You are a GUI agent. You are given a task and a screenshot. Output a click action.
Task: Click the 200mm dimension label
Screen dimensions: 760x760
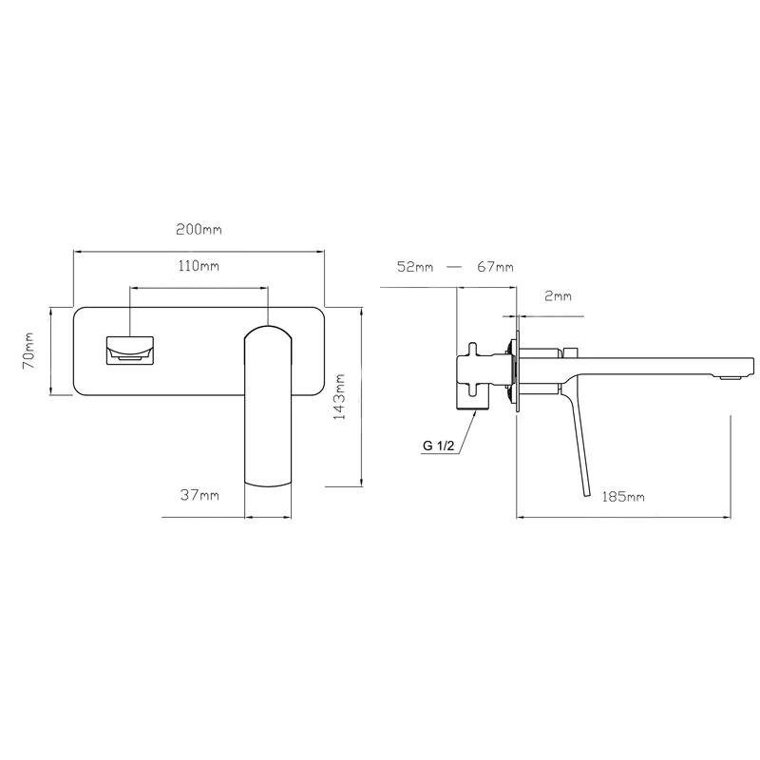(199, 229)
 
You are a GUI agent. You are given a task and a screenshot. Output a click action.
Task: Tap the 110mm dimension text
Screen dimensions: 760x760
(199, 266)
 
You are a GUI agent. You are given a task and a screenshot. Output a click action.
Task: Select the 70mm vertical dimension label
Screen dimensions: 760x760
(28, 351)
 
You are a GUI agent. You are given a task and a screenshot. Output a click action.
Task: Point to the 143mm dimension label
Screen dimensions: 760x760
(340, 396)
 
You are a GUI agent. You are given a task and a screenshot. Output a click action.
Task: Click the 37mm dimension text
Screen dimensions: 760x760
(199, 495)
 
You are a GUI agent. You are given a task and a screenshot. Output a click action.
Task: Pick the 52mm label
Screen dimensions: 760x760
(415, 267)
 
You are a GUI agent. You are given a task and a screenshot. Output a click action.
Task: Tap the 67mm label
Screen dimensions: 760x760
(495, 267)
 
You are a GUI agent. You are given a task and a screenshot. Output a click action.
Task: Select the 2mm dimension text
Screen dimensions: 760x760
(558, 295)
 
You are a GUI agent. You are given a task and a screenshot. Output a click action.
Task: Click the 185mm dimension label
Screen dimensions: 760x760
(623, 497)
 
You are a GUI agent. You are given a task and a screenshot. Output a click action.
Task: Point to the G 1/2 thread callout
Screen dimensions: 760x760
(439, 446)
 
